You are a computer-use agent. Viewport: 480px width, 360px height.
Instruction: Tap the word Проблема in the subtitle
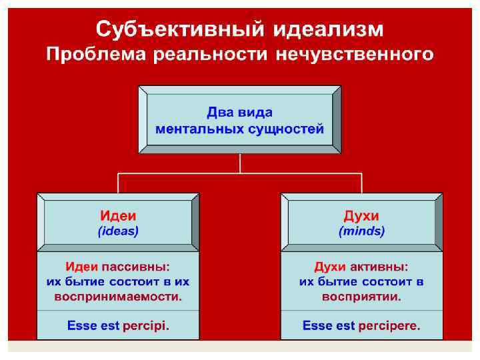(x=96, y=54)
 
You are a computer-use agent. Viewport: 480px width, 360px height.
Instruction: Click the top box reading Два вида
(x=239, y=113)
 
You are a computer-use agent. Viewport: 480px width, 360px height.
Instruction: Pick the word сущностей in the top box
(x=291, y=129)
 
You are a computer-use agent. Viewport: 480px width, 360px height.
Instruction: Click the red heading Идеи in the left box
(x=118, y=216)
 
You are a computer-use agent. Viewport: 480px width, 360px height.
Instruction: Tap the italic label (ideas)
(x=118, y=231)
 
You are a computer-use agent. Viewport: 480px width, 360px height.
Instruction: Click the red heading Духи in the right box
(x=361, y=216)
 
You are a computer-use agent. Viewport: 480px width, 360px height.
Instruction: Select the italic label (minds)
(x=361, y=231)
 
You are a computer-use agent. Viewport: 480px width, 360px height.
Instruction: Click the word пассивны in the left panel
(x=141, y=267)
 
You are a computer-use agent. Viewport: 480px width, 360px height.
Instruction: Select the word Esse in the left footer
(x=81, y=327)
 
